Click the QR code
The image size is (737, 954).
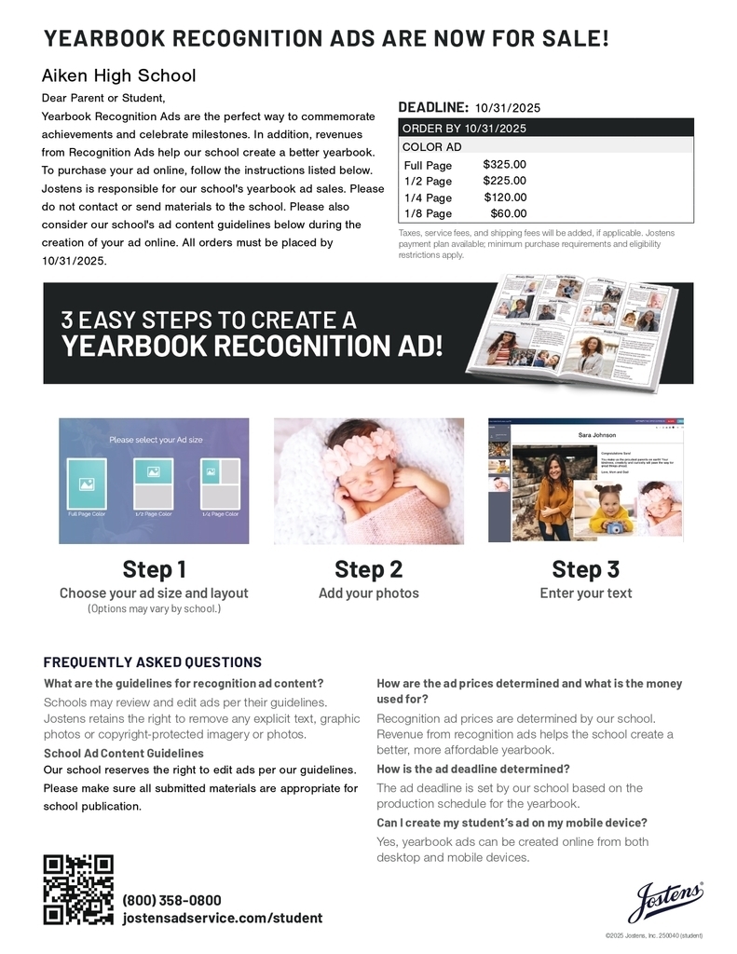click(x=78, y=890)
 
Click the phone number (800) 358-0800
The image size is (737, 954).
click(x=172, y=900)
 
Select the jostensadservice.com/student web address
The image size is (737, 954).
click(x=223, y=919)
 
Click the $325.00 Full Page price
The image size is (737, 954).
click(x=504, y=165)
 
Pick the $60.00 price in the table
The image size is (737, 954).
click(x=508, y=213)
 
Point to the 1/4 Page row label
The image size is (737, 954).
click(x=428, y=198)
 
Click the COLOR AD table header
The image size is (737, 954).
click(x=431, y=147)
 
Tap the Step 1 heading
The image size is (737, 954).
click(x=154, y=569)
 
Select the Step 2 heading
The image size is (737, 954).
click(x=368, y=569)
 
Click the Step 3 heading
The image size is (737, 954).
click(x=585, y=569)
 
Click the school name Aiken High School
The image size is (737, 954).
click(x=118, y=75)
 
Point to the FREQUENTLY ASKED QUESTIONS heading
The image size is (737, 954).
click(x=152, y=662)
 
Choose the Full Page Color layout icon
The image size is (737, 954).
click(x=87, y=484)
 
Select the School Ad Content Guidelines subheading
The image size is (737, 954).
click(x=123, y=753)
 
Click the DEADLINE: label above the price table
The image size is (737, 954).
click(x=433, y=107)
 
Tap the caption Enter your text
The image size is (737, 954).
click(x=585, y=593)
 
